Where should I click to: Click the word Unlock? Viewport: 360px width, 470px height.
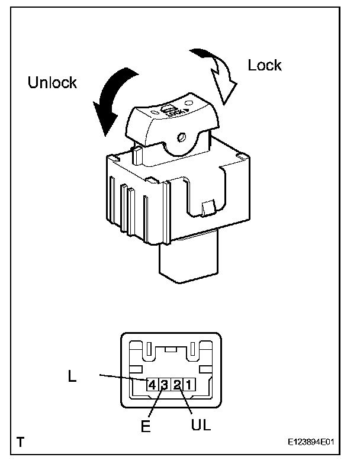52,82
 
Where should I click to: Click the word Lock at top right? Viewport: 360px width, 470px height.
265,65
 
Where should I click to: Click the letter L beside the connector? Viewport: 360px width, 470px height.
72,375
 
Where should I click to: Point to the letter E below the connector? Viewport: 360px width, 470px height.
146,425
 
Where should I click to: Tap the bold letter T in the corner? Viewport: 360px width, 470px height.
21,442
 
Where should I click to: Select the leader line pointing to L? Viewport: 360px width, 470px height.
121,377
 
